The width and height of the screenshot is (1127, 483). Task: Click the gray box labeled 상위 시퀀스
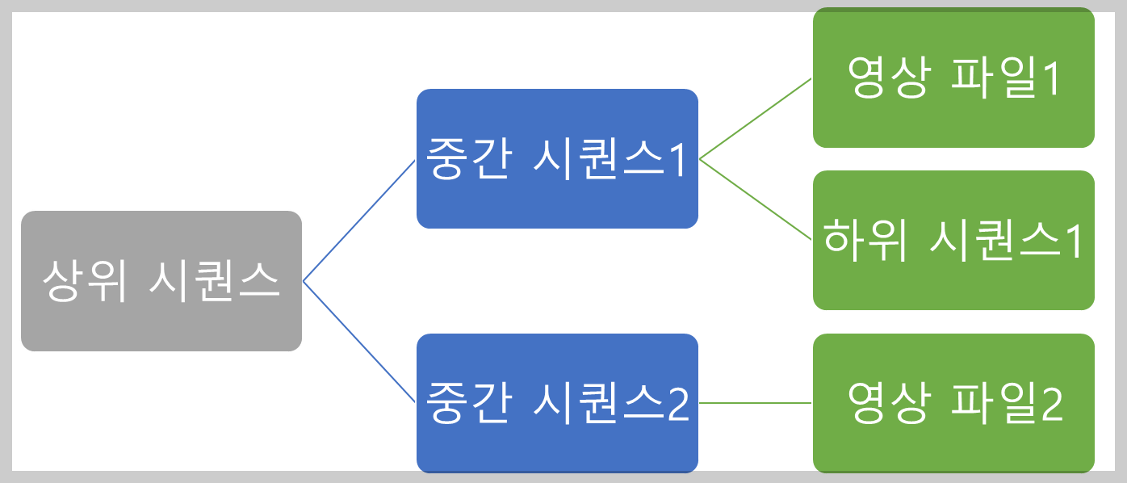coord(161,242)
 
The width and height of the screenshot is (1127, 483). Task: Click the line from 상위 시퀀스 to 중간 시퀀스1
coord(359,220)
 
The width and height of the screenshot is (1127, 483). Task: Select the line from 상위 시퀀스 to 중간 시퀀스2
coord(359,342)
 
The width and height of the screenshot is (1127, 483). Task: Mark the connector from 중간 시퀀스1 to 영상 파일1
coord(756,119)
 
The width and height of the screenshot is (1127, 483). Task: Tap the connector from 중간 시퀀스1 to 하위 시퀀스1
coord(756,199)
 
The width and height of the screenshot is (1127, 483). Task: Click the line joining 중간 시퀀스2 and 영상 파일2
coord(756,403)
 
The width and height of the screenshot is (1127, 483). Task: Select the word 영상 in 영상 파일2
coord(886,403)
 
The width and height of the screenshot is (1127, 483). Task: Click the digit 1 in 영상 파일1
coord(1049,79)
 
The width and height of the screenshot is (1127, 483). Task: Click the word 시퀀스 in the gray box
coord(215,281)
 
